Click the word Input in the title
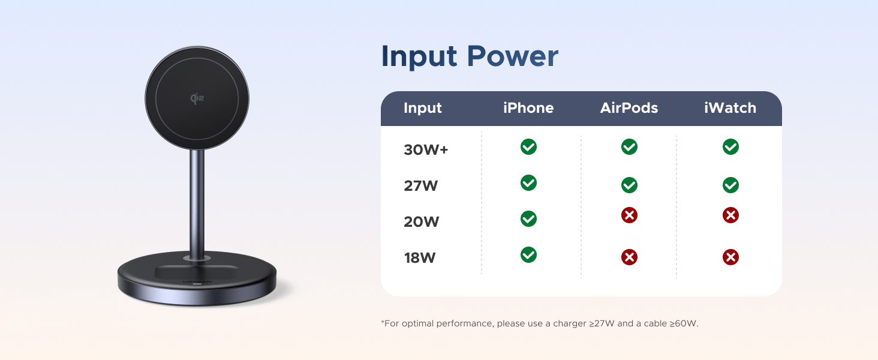click(419, 56)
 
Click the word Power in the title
click(512, 56)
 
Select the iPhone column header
click(528, 108)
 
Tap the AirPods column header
click(629, 108)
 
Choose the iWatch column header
click(730, 108)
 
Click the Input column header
click(423, 108)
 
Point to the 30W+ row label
click(426, 150)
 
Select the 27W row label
click(421, 186)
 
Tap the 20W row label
click(422, 222)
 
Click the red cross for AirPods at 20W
click(629, 215)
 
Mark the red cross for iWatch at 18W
click(730, 257)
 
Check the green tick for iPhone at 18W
click(528, 255)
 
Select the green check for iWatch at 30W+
click(730, 147)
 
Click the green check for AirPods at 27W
click(629, 185)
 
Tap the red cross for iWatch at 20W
click(730, 215)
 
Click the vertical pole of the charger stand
click(197, 201)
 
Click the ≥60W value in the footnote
click(684, 323)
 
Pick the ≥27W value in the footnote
click(602, 323)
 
